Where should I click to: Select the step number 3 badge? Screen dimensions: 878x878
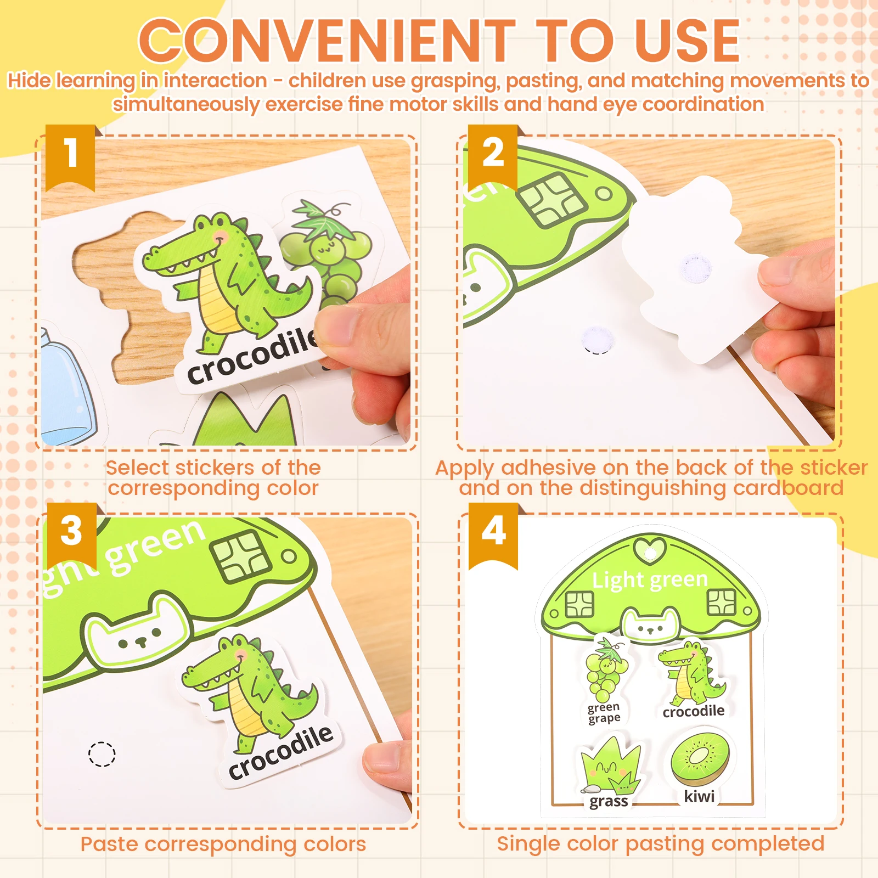click(x=72, y=536)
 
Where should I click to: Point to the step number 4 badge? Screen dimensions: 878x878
click(x=493, y=536)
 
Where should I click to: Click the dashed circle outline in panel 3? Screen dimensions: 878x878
click(x=102, y=754)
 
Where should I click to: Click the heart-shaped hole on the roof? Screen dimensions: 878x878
click(x=650, y=550)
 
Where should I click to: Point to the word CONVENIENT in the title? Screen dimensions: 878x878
click(x=327, y=41)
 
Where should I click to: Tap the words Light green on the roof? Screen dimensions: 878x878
click(x=650, y=580)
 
